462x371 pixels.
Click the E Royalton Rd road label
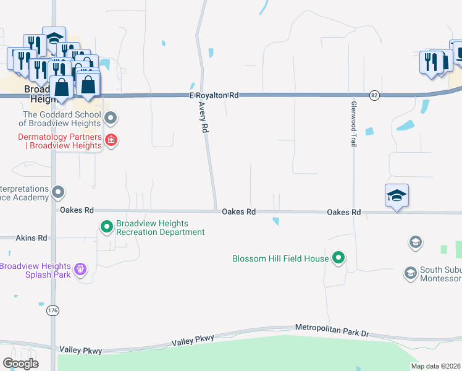click(214, 96)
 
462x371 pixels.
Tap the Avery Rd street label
click(204, 117)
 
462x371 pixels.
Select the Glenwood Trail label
click(354, 124)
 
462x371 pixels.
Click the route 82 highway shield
click(374, 95)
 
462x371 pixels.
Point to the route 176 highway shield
click(53, 312)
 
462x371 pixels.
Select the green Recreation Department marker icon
click(107, 228)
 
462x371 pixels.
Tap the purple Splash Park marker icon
click(79, 270)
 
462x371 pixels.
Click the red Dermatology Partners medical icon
click(111, 140)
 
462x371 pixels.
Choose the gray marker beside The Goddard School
click(111, 117)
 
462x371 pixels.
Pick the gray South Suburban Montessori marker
click(410, 272)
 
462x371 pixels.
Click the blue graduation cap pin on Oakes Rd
click(397, 196)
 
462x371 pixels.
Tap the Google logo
click(20, 364)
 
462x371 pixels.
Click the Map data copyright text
click(435, 366)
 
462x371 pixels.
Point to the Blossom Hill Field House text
click(280, 258)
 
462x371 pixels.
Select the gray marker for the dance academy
click(58, 192)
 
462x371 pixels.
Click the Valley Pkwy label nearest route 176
click(79, 350)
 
